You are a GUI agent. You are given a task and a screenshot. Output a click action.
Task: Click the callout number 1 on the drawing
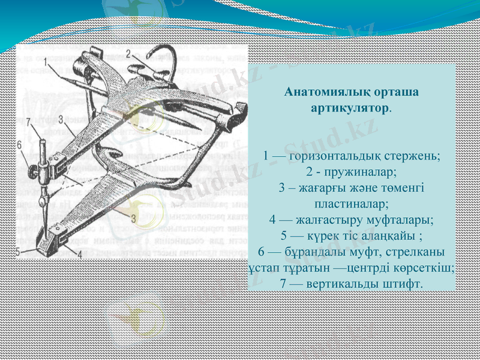coord(46,61)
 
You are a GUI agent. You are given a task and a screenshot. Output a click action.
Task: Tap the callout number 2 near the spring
coord(128,53)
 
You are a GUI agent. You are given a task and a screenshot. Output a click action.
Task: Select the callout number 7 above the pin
coord(27,121)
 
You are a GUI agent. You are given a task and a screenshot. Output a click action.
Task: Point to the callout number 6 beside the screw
coord(19,145)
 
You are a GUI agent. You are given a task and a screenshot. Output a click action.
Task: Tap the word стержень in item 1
coord(413,156)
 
